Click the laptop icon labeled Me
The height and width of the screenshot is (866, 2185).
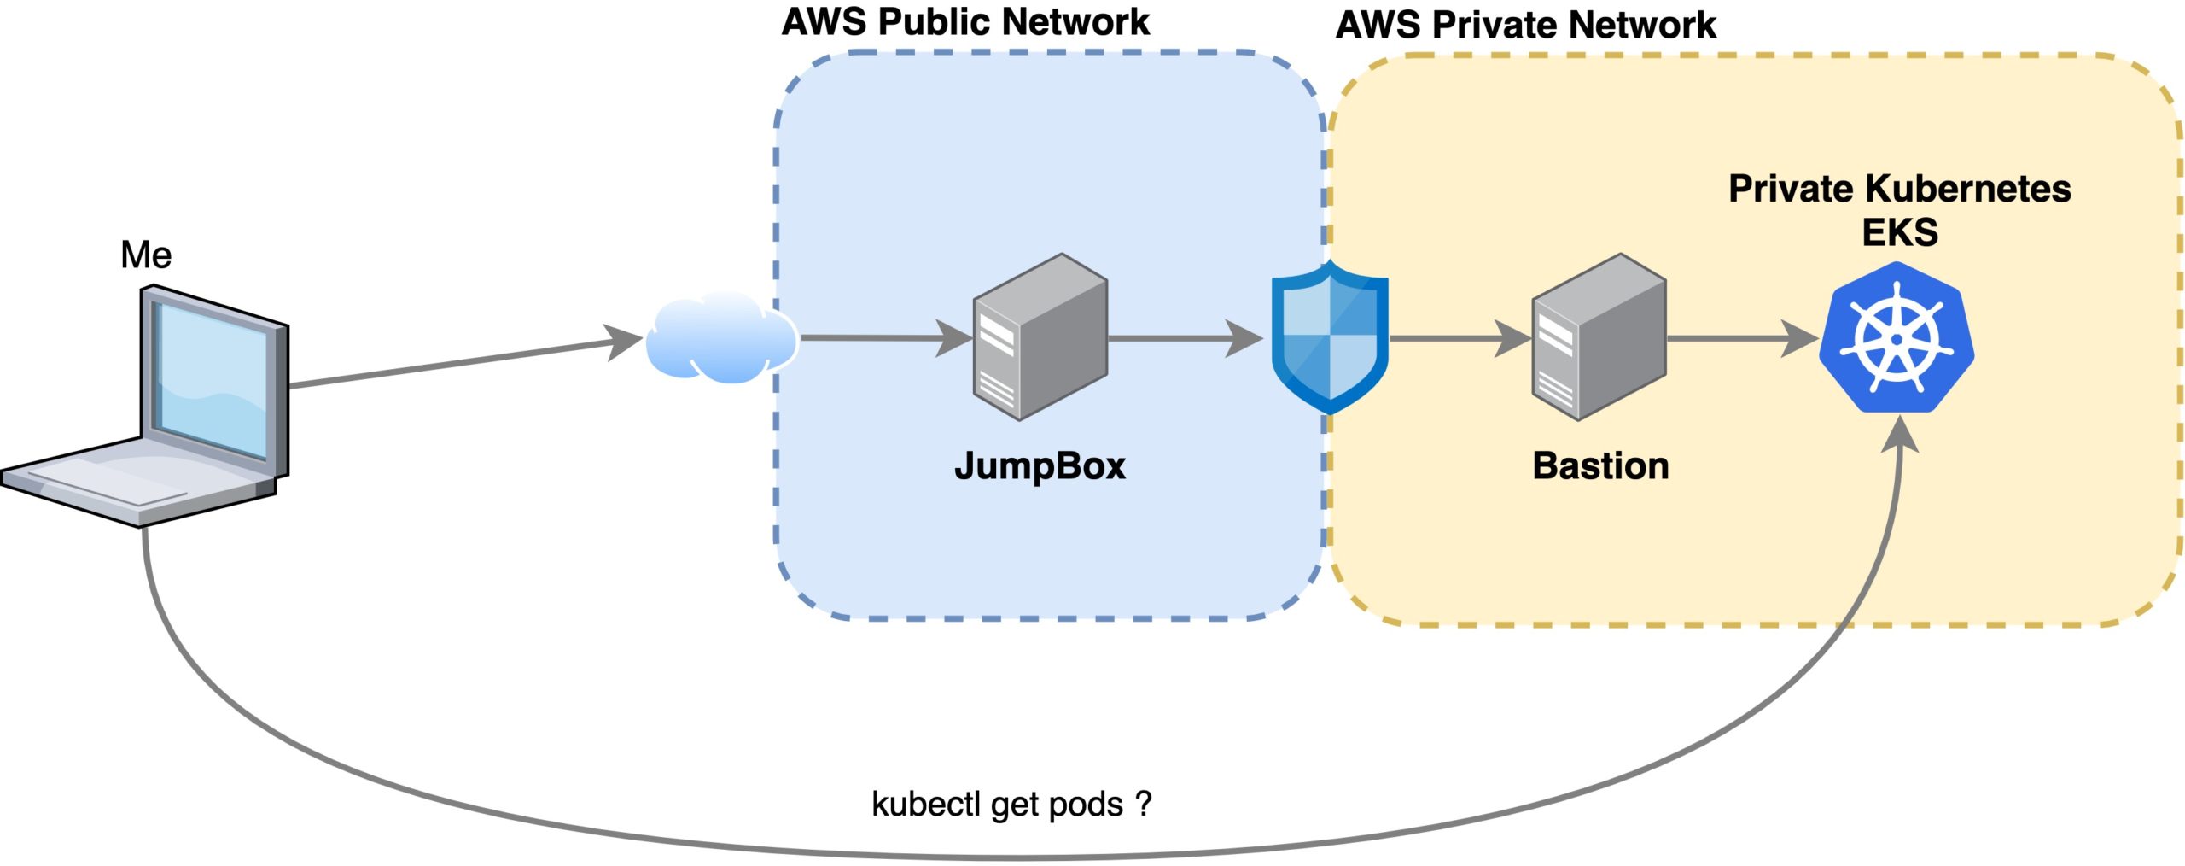point(145,406)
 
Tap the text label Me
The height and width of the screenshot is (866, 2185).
point(146,255)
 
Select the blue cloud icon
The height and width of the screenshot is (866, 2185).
point(722,337)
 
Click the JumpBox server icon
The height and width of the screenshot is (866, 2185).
point(1040,336)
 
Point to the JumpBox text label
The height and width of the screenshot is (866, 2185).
point(1040,466)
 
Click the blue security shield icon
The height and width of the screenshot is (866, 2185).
point(1330,337)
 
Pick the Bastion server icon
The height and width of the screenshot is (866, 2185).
point(1599,336)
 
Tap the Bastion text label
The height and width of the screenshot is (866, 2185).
point(1600,466)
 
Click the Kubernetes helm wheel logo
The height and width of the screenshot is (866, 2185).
point(1897,337)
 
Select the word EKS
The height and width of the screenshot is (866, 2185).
point(1900,232)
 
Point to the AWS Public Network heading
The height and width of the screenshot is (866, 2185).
point(965,22)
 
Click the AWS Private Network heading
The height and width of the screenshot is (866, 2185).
point(1526,25)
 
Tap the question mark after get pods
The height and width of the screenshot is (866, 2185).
point(1144,804)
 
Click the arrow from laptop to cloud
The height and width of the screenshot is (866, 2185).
point(465,362)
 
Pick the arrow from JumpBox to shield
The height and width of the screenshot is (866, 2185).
point(1186,338)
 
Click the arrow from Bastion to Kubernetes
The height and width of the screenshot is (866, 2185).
point(1743,338)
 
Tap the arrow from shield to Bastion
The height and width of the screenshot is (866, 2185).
point(1460,338)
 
